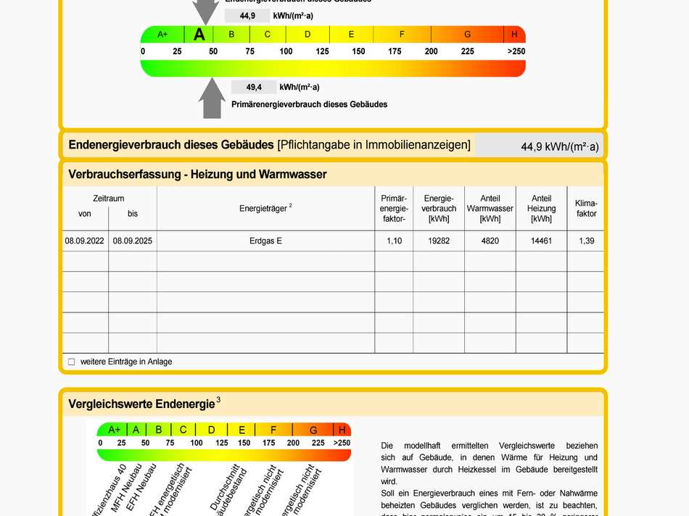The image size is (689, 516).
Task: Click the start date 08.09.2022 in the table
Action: [x=85, y=241]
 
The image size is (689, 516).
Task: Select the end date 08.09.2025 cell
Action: [x=133, y=241]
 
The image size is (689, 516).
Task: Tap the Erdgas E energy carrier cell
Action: [x=265, y=241]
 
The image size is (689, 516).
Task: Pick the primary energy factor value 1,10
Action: [x=394, y=241]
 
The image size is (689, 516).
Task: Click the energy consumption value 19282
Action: [x=439, y=241]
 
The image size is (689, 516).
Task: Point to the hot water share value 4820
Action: [x=490, y=241]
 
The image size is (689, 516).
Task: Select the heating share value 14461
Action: [x=541, y=241]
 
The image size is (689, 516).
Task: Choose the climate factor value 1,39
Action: [x=586, y=241]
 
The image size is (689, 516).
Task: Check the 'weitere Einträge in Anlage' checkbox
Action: [x=72, y=362]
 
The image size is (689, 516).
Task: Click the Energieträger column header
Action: [x=265, y=209]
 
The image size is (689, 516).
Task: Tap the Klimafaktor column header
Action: [x=586, y=209]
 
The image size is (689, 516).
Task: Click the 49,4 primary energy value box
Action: [x=254, y=88]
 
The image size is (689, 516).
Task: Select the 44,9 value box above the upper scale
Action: [x=247, y=15]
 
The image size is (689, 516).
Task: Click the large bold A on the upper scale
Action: [x=199, y=34]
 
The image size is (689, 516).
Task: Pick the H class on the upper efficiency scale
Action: [x=514, y=34]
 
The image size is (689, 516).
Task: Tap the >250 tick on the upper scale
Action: [x=516, y=51]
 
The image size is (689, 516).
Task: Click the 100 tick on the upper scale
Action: [x=286, y=51]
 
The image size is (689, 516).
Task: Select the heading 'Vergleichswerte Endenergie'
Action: [x=141, y=404]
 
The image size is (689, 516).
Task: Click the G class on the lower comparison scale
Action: [x=314, y=430]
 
